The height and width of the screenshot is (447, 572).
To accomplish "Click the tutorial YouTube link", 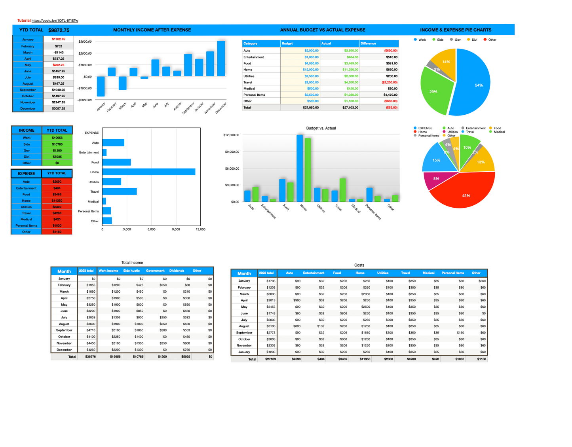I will (55, 21).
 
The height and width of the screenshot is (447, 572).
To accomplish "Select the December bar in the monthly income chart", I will (221, 59).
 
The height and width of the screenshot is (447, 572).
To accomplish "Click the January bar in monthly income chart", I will (101, 86).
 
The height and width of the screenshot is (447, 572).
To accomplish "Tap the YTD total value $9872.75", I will (59, 30).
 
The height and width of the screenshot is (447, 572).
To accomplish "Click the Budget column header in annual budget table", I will (288, 44).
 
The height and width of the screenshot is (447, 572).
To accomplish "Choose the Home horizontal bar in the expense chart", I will (148, 172).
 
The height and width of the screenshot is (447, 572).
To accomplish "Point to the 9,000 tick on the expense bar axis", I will (176, 229).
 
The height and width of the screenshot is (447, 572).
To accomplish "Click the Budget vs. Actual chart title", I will (321, 128).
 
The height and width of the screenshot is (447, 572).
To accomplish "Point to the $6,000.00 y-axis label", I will (231, 169).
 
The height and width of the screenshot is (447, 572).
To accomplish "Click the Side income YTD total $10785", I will (57, 144).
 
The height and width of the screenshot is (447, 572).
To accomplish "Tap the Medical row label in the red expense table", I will (26, 219).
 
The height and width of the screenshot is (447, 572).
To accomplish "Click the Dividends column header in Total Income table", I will (177, 271).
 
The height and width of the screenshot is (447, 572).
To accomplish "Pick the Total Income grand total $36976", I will (90, 356).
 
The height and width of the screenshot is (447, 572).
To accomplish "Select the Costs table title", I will (359, 265).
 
